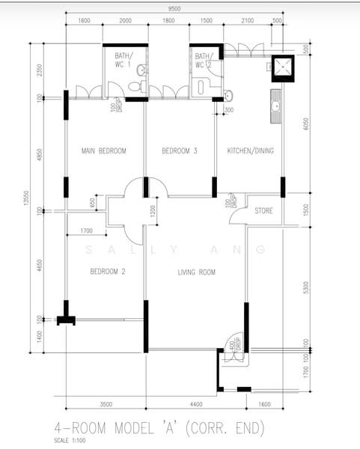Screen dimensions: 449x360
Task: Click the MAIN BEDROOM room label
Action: pos(103,151)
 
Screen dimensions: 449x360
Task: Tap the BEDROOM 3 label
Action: pos(180,151)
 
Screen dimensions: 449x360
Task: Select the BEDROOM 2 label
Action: pos(107,272)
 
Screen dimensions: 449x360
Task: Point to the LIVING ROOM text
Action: pos(196,272)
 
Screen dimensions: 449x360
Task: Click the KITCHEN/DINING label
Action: pos(251,151)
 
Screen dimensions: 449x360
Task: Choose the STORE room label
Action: pos(263,211)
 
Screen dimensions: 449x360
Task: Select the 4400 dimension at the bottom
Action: pos(197,405)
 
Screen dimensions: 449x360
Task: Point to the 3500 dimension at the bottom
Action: pos(105,405)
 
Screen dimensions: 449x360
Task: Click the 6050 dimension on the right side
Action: pos(305,124)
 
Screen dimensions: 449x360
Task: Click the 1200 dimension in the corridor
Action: pos(153,211)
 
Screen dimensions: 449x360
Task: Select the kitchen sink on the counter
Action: pos(276,107)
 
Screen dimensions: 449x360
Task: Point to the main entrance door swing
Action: pos(234,349)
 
